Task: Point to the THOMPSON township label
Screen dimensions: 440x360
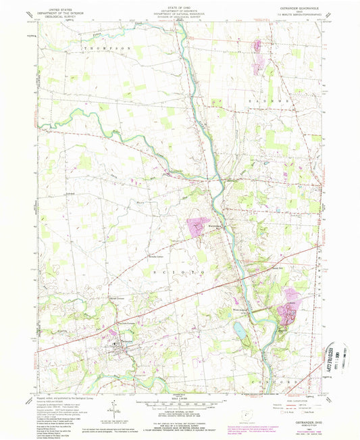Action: (107, 49)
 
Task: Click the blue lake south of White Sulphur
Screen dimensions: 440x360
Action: (239, 330)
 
